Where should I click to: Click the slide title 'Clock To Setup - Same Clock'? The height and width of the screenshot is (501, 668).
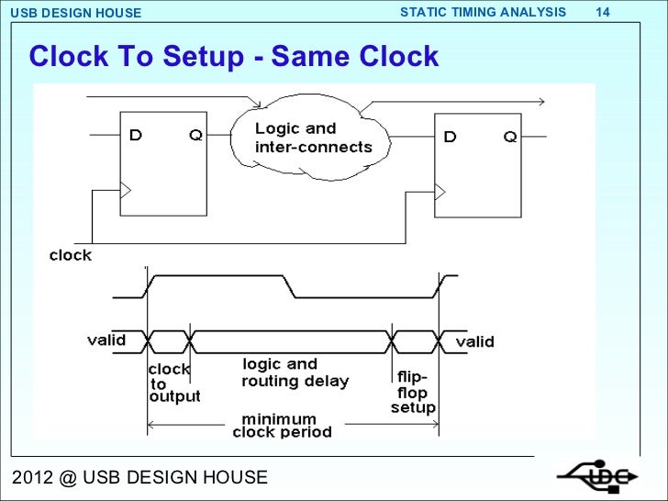[234, 58]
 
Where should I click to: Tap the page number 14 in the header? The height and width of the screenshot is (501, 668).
[603, 12]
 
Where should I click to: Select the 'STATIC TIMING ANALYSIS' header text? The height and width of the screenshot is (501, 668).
[484, 12]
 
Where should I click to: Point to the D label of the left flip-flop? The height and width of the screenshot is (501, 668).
[136, 136]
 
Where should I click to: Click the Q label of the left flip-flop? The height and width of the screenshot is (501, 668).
[196, 136]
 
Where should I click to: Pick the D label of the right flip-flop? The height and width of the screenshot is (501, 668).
[451, 137]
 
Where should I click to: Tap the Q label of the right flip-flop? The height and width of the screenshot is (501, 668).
[510, 137]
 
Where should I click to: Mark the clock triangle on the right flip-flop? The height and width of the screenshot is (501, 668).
[440, 191]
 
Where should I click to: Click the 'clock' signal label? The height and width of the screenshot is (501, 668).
[70, 255]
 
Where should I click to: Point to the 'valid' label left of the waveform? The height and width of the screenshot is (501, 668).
[106, 340]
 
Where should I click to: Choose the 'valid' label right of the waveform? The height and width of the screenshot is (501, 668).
[474, 341]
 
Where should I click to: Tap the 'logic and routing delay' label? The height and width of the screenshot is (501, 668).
[294, 373]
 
